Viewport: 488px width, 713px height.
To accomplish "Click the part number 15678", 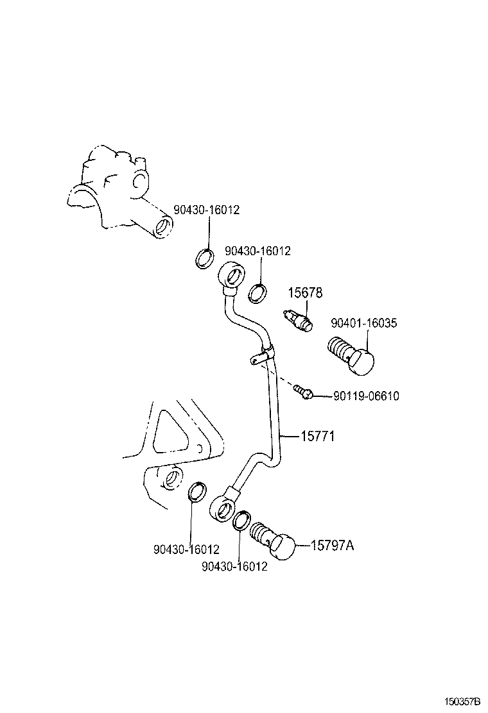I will click(x=304, y=293).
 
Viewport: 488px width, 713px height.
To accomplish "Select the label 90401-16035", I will click(x=363, y=323).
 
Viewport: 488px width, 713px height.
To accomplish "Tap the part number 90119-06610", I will click(x=366, y=396).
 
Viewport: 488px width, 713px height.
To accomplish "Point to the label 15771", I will click(x=318, y=437).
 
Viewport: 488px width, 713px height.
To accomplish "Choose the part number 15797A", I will click(x=332, y=546).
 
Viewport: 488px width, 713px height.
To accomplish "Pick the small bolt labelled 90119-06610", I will click(x=304, y=391).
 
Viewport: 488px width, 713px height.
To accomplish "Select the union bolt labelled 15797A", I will click(x=274, y=541).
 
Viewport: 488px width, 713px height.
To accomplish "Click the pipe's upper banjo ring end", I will click(x=232, y=275).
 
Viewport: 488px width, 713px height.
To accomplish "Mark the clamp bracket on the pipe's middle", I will click(x=260, y=355).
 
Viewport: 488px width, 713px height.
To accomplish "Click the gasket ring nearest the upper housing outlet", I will click(x=204, y=258).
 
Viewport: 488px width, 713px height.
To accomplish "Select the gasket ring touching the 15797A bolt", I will click(x=241, y=521).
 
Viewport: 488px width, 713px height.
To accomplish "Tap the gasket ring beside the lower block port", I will click(x=198, y=492).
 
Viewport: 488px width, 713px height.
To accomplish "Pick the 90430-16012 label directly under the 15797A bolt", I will click(x=234, y=567).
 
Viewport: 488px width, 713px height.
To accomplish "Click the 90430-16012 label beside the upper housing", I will click(x=206, y=210).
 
